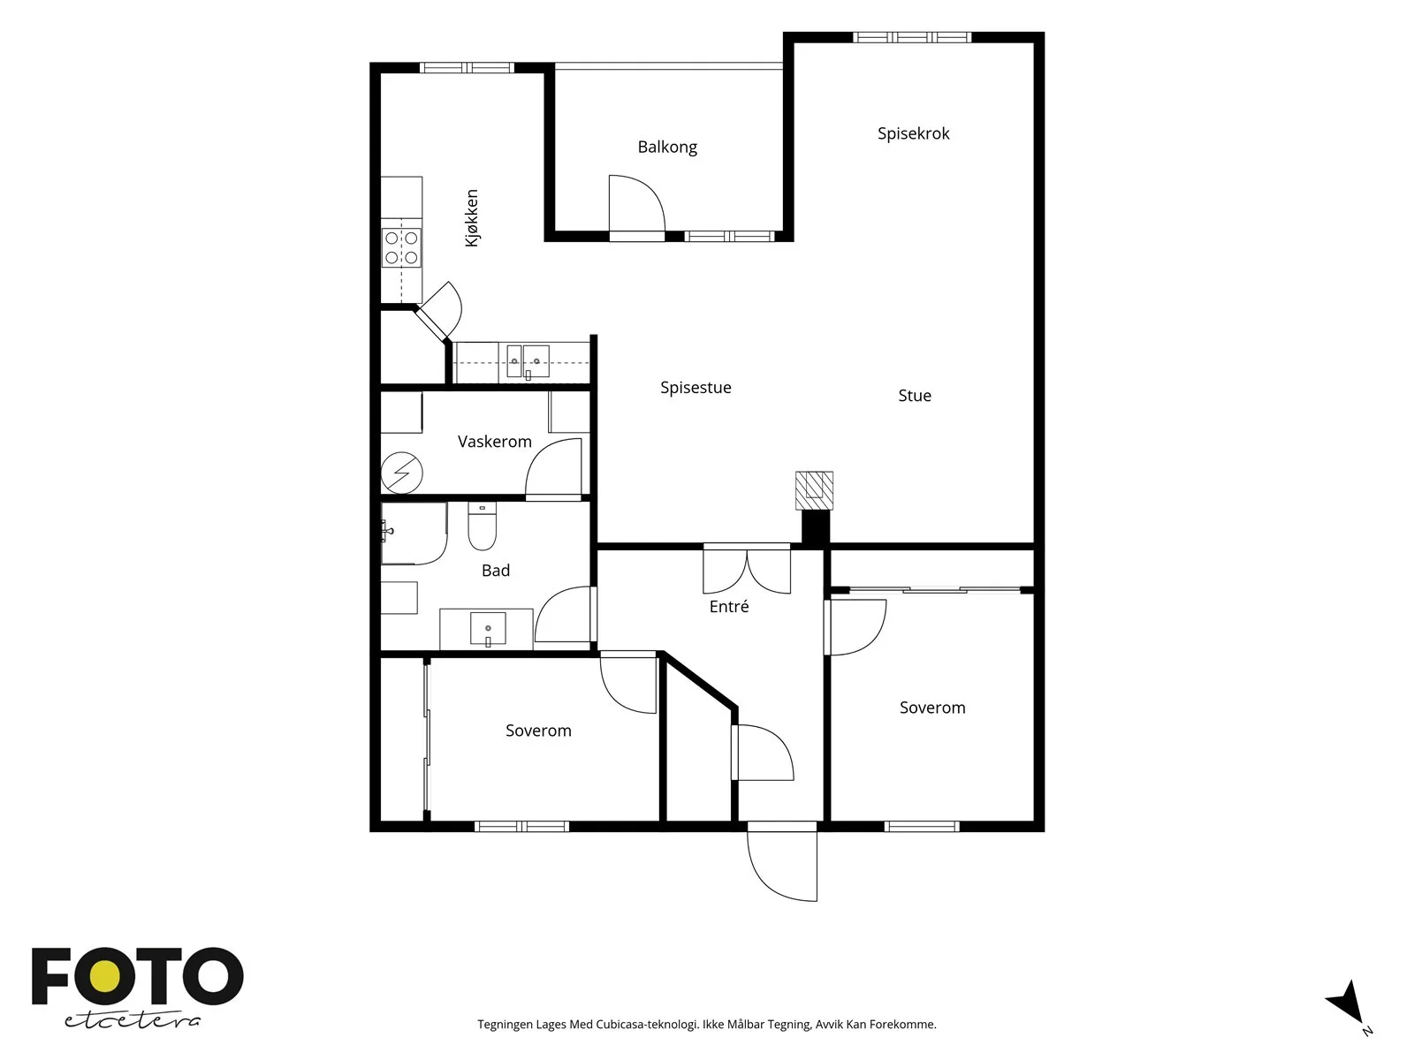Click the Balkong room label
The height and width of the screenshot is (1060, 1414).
click(x=667, y=148)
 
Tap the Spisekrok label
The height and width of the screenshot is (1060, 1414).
click(x=914, y=134)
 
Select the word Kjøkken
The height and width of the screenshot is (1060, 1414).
click(x=472, y=217)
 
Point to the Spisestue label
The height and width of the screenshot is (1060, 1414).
click(x=696, y=388)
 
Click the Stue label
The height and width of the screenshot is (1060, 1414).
click(x=915, y=396)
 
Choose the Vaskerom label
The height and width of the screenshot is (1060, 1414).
click(x=495, y=442)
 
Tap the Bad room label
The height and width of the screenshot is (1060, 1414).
click(x=496, y=571)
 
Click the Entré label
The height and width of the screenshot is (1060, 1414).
click(x=729, y=606)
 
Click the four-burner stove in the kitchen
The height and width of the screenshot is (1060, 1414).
click(x=401, y=248)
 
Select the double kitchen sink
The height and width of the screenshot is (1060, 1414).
click(x=528, y=361)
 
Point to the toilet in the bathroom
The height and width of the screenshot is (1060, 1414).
click(x=482, y=526)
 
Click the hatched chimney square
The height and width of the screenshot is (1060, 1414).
click(x=814, y=490)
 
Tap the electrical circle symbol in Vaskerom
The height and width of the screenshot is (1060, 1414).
click(x=401, y=473)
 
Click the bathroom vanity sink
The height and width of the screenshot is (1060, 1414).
click(x=488, y=629)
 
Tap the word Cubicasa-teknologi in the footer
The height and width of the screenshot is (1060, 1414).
click(x=648, y=1025)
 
